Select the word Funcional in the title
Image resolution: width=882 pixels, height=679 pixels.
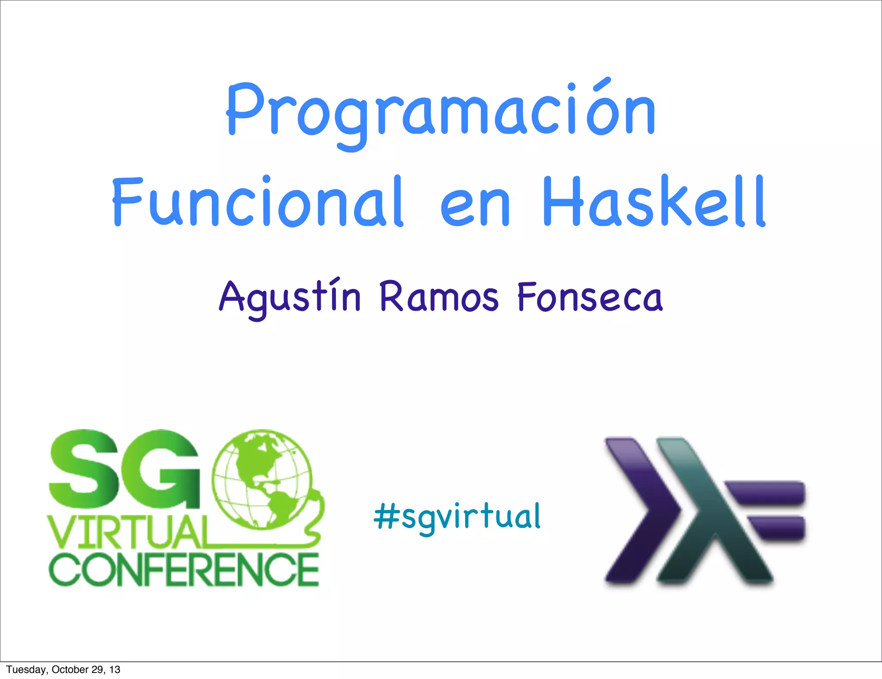[x=258, y=202]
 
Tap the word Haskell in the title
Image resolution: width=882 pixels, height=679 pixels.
[x=654, y=202]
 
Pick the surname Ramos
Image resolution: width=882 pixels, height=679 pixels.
[x=439, y=297]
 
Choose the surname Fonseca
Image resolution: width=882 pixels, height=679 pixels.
[x=590, y=297]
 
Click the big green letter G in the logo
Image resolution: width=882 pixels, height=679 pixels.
[x=166, y=470]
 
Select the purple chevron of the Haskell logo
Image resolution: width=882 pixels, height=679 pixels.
[x=642, y=511]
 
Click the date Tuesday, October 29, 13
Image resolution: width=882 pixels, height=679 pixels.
[x=63, y=670]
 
